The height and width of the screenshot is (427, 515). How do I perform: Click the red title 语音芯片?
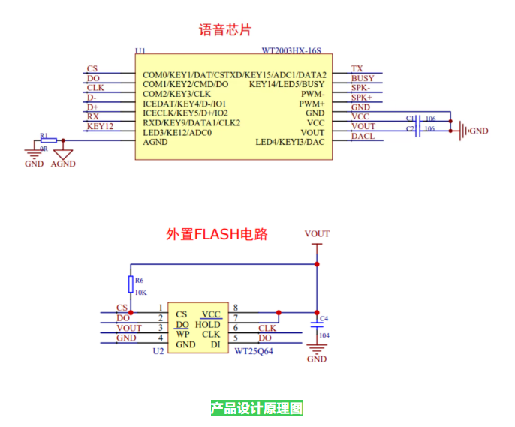pos(225,30)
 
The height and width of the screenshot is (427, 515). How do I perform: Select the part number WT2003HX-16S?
pos(291,50)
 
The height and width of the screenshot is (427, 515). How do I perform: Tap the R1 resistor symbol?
pos(49,140)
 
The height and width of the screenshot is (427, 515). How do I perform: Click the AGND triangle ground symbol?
pos(63,155)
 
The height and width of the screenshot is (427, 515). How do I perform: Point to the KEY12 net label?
pos(100,126)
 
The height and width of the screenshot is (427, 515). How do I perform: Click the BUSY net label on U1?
pos(363,78)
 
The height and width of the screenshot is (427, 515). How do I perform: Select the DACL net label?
pos(363,137)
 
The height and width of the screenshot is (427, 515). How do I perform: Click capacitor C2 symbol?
pos(417,131)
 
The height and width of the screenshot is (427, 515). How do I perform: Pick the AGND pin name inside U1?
pos(155,142)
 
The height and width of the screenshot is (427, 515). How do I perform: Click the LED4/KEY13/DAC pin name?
pos(290,142)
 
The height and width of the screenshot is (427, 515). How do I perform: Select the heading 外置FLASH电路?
pos(217,234)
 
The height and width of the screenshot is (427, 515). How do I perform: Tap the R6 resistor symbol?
pos(131,284)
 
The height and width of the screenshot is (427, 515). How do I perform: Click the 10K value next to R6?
pos(141,293)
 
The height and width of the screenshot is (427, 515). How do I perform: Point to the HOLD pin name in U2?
pos(207,325)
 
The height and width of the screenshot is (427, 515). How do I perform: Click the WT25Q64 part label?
pos(254,351)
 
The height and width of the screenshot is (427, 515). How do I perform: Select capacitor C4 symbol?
pos(317,325)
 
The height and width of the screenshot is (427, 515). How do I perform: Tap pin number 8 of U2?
pos(236,308)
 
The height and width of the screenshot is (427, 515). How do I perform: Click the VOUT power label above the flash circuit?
pos(317,233)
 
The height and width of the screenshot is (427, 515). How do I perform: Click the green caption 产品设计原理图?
pos(257,408)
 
